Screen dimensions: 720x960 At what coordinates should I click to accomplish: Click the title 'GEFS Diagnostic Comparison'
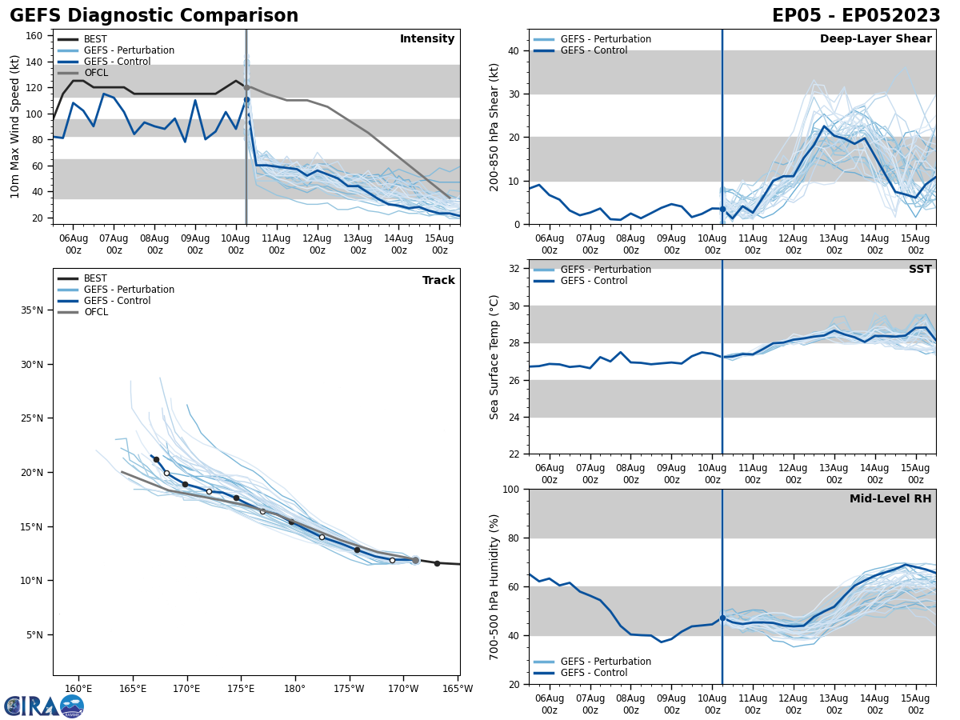(x=154, y=16)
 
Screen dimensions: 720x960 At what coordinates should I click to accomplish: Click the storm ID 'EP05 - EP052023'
(x=856, y=16)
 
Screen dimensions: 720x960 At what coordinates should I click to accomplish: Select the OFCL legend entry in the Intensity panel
(x=95, y=73)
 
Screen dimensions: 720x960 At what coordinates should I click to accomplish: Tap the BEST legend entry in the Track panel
(x=95, y=278)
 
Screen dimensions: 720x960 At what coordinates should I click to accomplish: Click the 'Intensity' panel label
(x=426, y=39)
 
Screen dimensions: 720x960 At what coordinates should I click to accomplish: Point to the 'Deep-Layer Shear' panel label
(x=875, y=39)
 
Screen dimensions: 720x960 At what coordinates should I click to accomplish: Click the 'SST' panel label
(x=919, y=270)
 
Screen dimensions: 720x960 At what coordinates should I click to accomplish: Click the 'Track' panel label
(x=438, y=280)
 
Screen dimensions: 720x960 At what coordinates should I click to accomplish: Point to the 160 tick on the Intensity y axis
(x=36, y=35)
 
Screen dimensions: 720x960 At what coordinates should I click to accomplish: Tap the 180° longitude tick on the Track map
(x=294, y=688)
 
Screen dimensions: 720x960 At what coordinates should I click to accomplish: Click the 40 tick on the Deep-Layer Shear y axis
(x=514, y=51)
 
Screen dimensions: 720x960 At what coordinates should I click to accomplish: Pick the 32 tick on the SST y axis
(x=514, y=269)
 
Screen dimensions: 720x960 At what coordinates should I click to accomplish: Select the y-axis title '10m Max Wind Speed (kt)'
(x=15, y=126)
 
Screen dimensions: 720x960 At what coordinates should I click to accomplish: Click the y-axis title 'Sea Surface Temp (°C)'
(x=494, y=357)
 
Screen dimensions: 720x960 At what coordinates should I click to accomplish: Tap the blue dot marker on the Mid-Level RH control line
(x=722, y=618)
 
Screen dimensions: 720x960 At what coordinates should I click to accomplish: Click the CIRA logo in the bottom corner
(x=44, y=706)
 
